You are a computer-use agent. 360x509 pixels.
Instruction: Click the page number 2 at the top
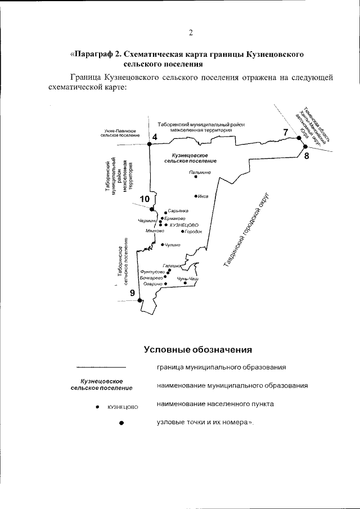(191, 33)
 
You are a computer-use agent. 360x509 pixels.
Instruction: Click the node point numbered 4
(150, 145)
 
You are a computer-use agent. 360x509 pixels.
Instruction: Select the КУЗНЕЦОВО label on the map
(184, 224)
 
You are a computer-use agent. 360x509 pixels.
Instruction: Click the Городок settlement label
(193, 231)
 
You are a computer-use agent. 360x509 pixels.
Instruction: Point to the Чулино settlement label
(173, 245)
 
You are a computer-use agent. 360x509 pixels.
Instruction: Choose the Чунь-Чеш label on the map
(188, 278)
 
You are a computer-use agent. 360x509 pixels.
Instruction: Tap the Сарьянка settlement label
(178, 210)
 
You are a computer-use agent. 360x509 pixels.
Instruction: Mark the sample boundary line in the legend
(101, 368)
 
